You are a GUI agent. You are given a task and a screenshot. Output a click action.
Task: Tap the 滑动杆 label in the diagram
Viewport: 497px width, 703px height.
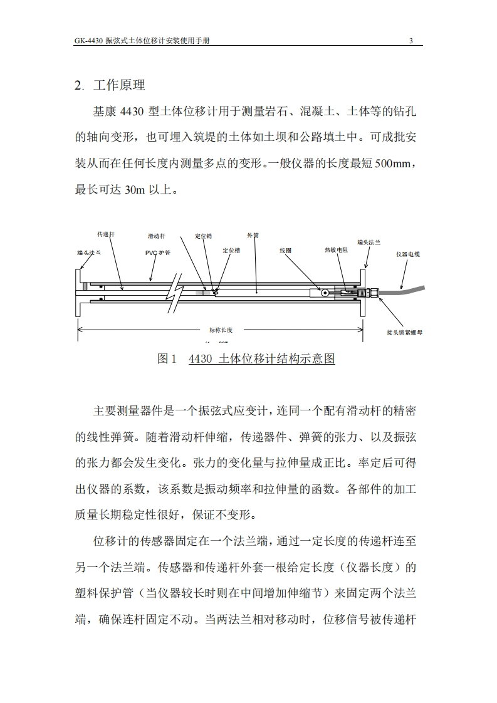(156, 236)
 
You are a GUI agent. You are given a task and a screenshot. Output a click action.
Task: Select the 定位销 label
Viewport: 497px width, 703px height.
(203, 236)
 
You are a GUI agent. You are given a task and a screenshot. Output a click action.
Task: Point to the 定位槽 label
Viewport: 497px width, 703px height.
(231, 250)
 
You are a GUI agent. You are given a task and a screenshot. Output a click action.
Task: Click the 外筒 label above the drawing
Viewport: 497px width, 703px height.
(253, 236)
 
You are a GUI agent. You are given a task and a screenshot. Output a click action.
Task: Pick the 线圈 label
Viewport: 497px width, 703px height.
(285, 250)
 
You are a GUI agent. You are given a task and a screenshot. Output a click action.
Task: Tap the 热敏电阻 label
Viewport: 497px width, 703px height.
(337, 250)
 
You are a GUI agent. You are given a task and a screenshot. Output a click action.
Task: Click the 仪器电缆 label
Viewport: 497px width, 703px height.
(408, 254)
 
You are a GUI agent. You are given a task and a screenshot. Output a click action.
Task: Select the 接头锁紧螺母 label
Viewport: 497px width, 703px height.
(404, 332)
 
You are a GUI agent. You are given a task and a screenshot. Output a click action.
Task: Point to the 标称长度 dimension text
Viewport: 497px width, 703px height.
(221, 330)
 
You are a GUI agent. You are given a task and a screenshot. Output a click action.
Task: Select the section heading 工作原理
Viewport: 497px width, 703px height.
(119, 86)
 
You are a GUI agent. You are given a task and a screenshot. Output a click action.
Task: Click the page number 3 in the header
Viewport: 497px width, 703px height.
(411, 41)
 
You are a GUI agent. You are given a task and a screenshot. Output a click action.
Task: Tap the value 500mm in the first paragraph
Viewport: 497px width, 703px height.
(394, 165)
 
